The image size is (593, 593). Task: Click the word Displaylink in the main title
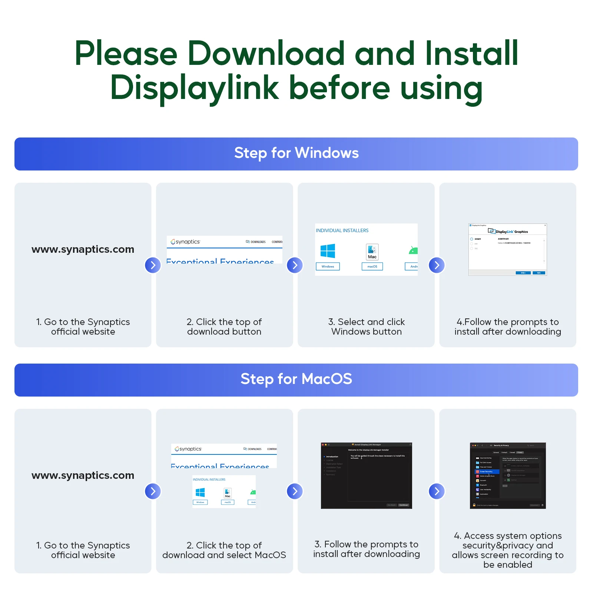click(195, 88)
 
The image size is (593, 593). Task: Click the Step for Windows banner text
click(296, 153)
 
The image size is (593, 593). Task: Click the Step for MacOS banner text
click(296, 379)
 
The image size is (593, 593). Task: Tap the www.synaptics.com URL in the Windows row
click(83, 249)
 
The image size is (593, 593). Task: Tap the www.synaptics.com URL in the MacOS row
click(83, 476)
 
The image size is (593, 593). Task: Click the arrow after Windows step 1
click(153, 265)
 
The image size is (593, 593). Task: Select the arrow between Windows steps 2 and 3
click(295, 265)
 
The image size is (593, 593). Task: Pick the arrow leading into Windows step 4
click(437, 265)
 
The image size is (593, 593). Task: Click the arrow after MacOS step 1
click(153, 491)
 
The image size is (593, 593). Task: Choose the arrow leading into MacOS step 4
click(437, 491)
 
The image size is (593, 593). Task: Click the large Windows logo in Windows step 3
click(328, 251)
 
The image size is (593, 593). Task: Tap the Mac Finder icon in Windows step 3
click(372, 252)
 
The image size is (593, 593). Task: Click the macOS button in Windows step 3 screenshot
click(372, 266)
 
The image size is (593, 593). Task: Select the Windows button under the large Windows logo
click(328, 266)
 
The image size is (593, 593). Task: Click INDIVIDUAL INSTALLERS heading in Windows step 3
click(342, 231)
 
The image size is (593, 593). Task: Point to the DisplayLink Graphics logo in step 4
click(508, 231)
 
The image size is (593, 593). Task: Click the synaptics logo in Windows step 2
click(185, 242)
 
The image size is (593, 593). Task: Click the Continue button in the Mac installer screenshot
click(403, 505)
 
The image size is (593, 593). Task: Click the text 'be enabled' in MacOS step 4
click(507, 565)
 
